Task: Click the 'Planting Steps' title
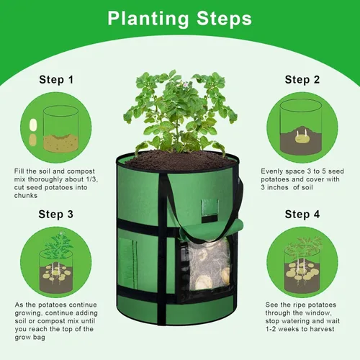179,19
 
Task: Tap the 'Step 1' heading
56,80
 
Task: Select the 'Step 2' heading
302,80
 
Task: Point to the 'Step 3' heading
55,214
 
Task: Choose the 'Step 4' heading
302,214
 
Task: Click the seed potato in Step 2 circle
302,138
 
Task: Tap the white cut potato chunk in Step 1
33,125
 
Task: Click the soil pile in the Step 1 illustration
61,143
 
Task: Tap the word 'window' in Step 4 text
318,313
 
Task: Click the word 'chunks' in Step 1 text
26,196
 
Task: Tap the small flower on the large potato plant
185,84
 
